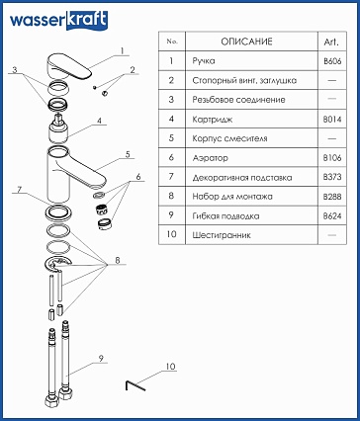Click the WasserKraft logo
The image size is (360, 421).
tap(58, 21)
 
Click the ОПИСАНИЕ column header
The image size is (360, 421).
tap(246, 42)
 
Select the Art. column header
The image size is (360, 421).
tap(331, 42)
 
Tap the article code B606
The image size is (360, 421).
tap(332, 61)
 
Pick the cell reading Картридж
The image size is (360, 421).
tap(213, 120)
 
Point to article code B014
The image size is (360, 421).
tap(332, 120)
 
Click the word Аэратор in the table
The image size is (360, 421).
tap(210, 158)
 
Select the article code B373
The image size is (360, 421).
tap(332, 177)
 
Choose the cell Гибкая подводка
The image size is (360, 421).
tap(225, 216)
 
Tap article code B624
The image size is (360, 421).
tap(332, 216)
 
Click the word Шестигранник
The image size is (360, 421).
tap(222, 235)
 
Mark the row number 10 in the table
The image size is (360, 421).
tap(171, 234)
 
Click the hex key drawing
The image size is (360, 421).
tap(135, 385)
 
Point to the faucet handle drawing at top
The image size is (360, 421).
tap(68, 66)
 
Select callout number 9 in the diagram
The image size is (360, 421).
tap(101, 359)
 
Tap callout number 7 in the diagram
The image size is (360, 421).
tap(20, 190)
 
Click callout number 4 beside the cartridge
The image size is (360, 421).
tap(99, 121)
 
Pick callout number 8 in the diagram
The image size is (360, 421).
tap(118, 260)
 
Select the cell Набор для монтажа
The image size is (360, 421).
tap(232, 197)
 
